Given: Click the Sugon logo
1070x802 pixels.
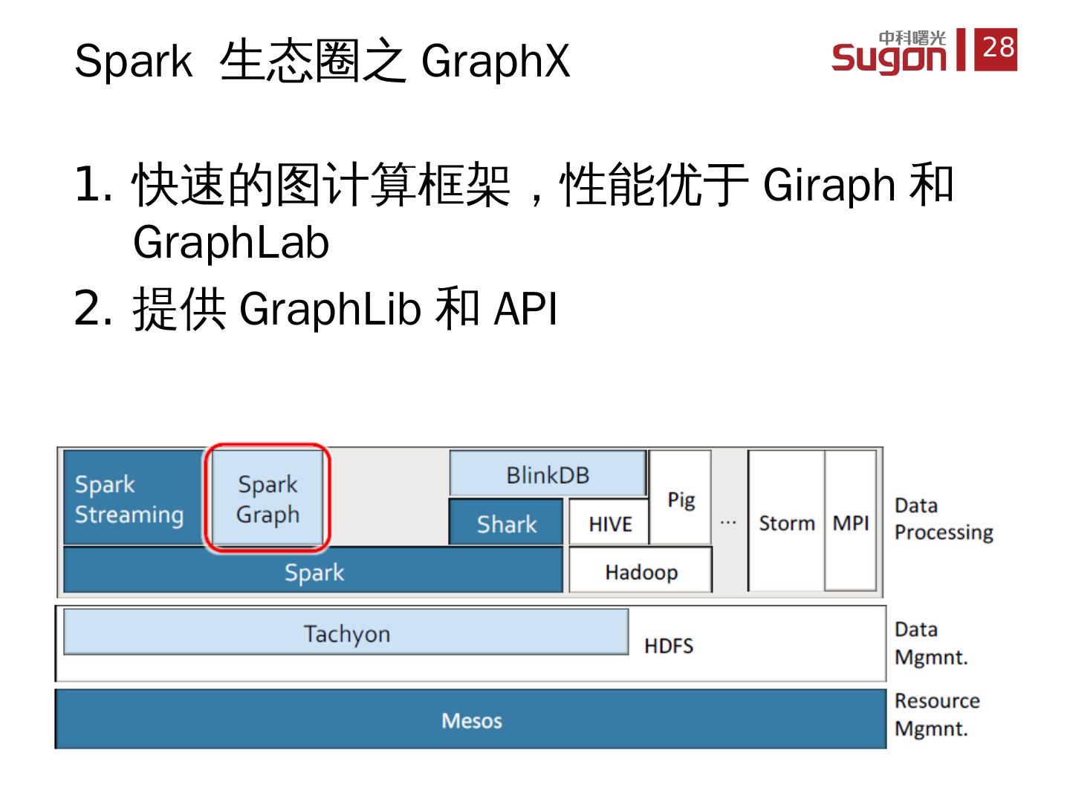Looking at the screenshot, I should [x=889, y=52].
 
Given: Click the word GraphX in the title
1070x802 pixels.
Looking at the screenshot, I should [x=496, y=61].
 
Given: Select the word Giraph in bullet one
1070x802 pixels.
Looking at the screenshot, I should [x=829, y=186].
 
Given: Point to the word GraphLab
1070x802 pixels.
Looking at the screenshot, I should [x=230, y=243].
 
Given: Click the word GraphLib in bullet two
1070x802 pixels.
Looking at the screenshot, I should [x=330, y=309].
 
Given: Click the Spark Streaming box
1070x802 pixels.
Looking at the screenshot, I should [x=131, y=499].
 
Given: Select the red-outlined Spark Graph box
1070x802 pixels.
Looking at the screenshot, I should [x=267, y=499].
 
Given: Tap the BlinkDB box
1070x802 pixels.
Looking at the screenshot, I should [x=548, y=475].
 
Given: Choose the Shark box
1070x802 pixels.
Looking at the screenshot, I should [x=507, y=524].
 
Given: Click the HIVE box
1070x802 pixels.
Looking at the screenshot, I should [x=609, y=524].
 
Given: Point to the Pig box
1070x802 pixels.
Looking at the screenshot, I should [x=681, y=499].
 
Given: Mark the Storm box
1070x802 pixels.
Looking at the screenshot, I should [x=786, y=523].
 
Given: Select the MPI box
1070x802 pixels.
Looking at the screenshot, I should [x=851, y=523].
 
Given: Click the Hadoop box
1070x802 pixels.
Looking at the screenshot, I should [x=641, y=572].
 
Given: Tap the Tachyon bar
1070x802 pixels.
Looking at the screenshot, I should [x=346, y=633].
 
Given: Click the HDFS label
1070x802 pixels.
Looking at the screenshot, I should [x=669, y=646].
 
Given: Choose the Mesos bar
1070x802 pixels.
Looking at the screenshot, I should [x=471, y=720].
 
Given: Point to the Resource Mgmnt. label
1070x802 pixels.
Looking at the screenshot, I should [x=936, y=714].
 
